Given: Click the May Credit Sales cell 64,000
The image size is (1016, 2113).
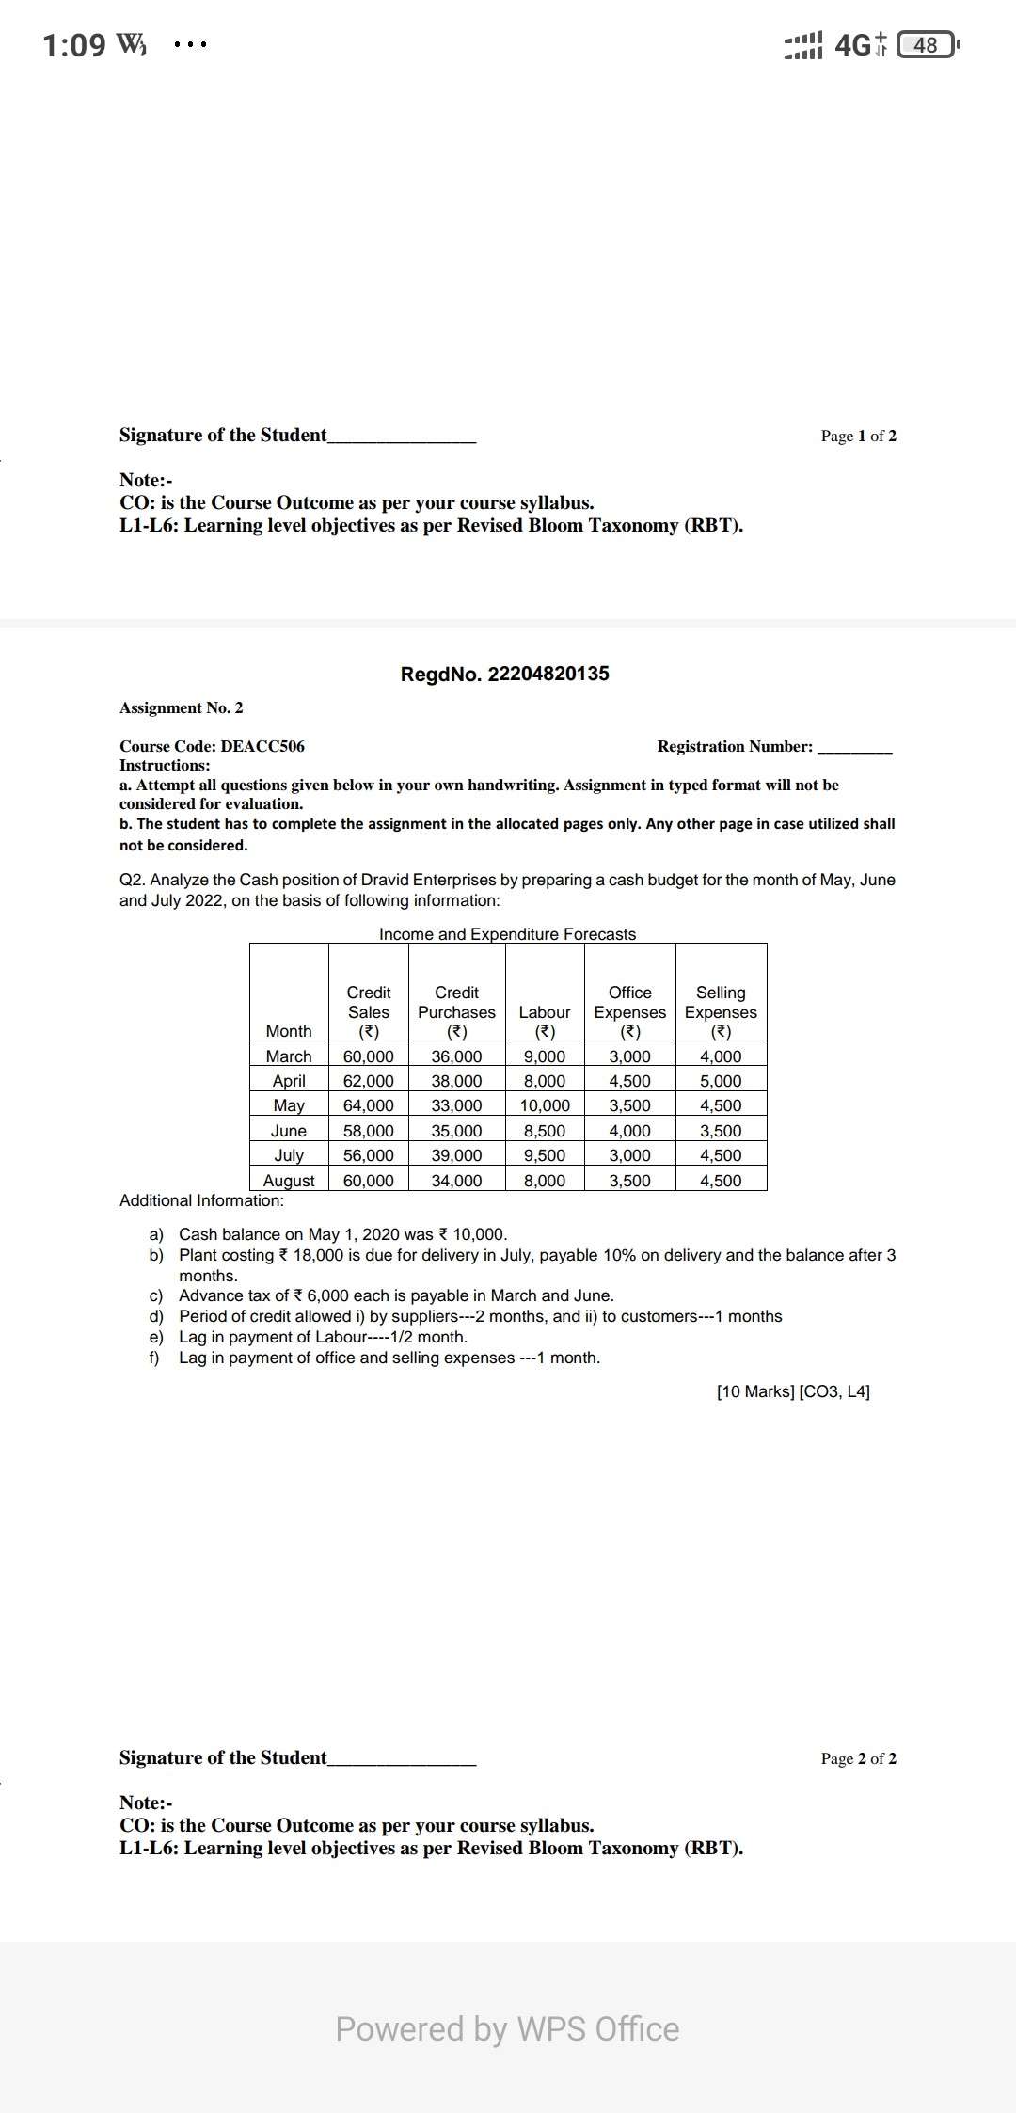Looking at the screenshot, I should click(368, 1105).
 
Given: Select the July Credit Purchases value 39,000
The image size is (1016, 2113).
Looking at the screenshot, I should click(456, 1155).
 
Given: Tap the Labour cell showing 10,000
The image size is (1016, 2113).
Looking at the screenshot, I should click(545, 1105).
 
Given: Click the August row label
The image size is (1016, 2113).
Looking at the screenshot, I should click(289, 1181).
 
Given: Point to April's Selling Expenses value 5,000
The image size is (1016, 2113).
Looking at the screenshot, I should click(721, 1081).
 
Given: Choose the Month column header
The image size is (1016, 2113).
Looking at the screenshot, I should click(289, 1031).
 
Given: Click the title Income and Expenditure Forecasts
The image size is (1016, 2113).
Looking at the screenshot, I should click(507, 934).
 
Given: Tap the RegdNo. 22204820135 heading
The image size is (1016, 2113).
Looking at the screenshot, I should click(504, 674).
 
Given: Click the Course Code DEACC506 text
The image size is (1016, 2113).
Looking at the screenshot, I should click(212, 746).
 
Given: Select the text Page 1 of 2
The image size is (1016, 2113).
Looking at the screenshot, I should click(858, 436).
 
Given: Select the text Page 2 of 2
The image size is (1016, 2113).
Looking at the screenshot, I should click(858, 1758).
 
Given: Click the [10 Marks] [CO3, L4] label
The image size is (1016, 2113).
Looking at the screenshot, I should click(792, 1391).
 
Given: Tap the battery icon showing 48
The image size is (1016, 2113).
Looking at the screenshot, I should click(927, 45).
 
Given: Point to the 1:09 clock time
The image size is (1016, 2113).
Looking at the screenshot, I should click(74, 45).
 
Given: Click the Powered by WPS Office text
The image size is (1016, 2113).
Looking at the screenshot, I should click(507, 2028).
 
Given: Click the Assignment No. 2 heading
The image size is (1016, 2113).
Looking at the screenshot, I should click(182, 707).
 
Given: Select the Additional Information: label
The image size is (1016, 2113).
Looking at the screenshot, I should click(201, 1200).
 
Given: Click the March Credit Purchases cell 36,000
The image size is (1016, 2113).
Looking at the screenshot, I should click(456, 1056).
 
